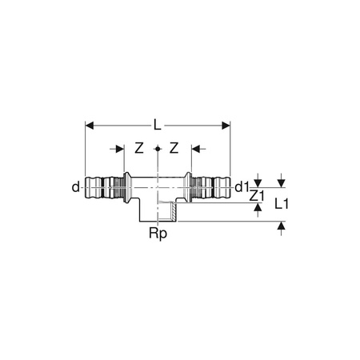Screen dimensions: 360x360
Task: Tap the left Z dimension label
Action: [x=138, y=149]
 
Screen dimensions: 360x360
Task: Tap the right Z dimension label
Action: [x=177, y=149]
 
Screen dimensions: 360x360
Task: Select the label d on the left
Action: [x=76, y=187]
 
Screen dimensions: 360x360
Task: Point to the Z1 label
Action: [x=256, y=194]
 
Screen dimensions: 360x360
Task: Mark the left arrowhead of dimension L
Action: [x=90, y=124]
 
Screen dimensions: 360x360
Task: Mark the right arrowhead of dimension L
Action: [x=226, y=124]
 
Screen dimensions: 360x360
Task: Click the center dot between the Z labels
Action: [x=158, y=149]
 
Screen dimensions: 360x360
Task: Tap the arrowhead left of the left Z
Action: [x=121, y=149]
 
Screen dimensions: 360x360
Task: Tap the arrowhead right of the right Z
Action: [x=194, y=149]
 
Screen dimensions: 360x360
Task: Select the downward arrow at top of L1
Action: [x=281, y=182]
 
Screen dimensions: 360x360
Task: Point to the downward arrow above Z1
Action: [x=257, y=182]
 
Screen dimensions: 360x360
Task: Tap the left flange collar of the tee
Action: [x=126, y=187]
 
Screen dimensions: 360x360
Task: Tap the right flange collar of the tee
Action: [x=189, y=187]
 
